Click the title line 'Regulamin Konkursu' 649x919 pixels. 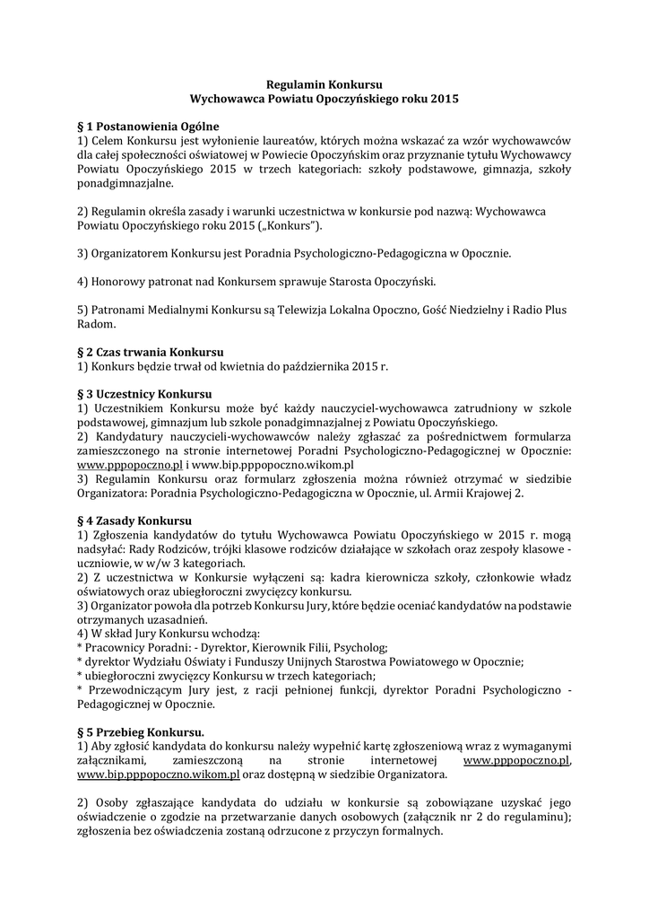point(324,83)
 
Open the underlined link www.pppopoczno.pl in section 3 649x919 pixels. point(130,466)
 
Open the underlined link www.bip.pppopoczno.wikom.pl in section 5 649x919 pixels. point(158,774)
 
